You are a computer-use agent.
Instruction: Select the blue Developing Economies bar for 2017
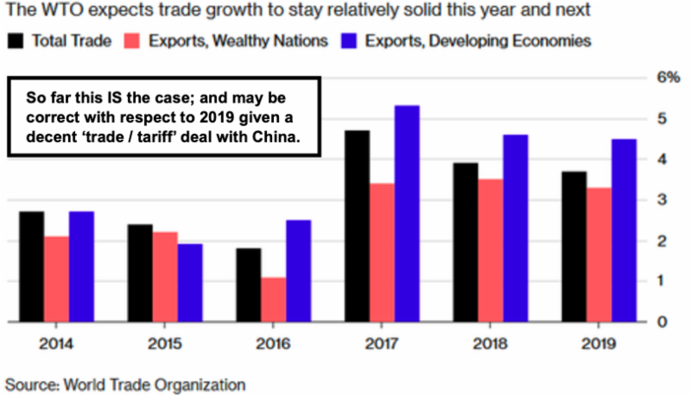(x=406, y=214)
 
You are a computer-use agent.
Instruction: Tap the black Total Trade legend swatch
(x=16, y=40)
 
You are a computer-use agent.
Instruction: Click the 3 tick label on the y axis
(x=662, y=200)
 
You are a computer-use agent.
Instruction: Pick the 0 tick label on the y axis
(x=662, y=323)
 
